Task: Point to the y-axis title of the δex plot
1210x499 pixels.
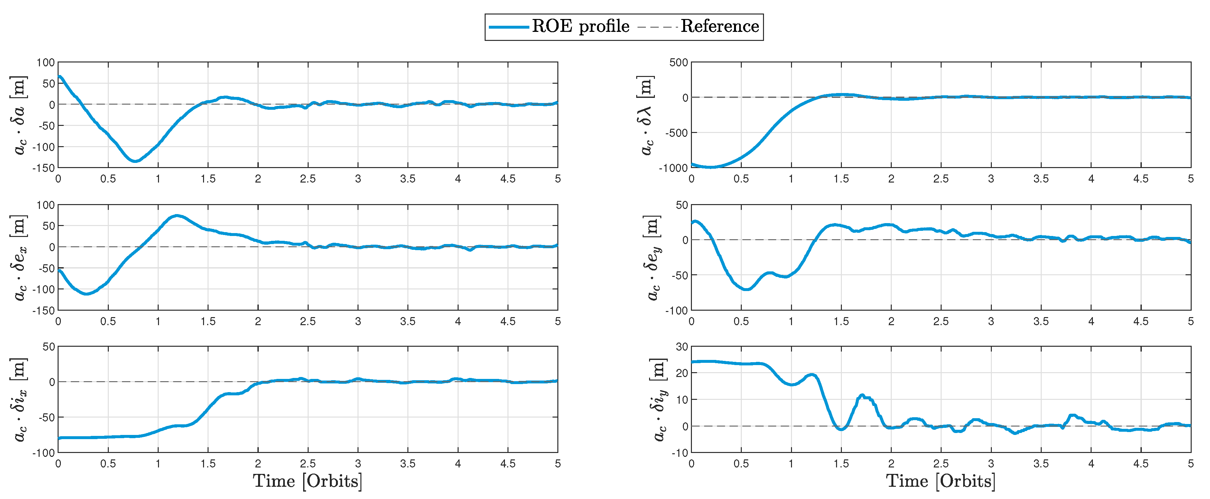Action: (x=19, y=258)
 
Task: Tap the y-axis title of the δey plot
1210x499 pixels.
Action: (x=653, y=258)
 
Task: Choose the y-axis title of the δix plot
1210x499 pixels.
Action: (x=19, y=400)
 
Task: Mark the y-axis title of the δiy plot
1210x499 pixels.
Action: (x=659, y=400)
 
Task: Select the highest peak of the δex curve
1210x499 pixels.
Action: (x=176, y=216)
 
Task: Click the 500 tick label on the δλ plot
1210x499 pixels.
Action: (x=679, y=62)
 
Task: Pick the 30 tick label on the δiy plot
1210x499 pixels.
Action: (x=682, y=347)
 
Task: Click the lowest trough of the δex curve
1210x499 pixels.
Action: (x=87, y=294)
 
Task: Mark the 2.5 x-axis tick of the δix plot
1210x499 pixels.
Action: (x=308, y=464)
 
